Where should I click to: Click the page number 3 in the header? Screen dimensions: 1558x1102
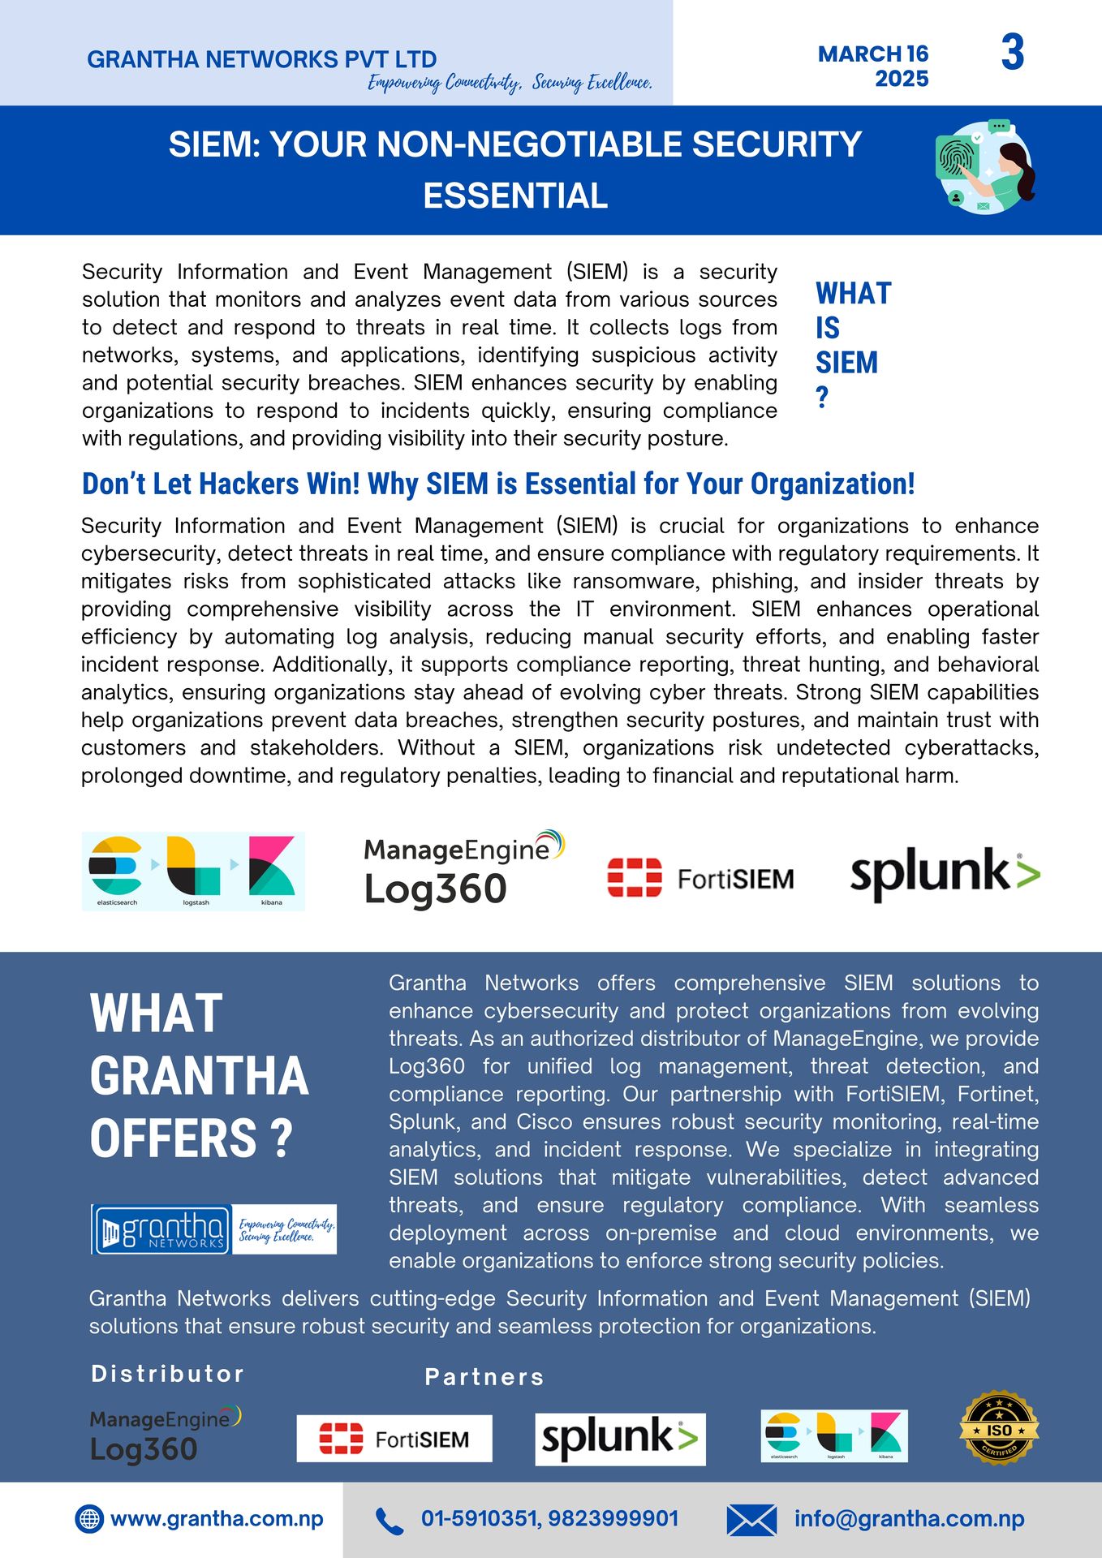(1012, 54)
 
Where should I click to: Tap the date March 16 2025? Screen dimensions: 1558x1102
(873, 66)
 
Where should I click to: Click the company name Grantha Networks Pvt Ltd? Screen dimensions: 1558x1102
(261, 59)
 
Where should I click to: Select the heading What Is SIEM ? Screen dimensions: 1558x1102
(852, 344)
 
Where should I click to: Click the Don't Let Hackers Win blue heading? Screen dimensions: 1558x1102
(498, 484)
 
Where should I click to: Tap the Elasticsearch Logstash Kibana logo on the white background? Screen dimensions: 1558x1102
(193, 871)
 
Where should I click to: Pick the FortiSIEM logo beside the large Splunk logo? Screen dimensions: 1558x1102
(700, 878)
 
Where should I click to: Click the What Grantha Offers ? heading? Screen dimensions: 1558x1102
(199, 1075)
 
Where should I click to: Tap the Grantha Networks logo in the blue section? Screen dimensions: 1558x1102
(213, 1229)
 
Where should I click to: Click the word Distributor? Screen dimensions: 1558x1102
(168, 1373)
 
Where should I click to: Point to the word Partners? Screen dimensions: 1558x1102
(484, 1376)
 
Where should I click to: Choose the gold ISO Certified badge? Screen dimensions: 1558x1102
(999, 1428)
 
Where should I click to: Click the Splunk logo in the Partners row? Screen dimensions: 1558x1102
(620, 1439)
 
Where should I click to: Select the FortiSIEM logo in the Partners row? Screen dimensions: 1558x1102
(394, 1439)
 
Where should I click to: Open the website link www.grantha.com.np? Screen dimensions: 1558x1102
(217, 1518)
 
